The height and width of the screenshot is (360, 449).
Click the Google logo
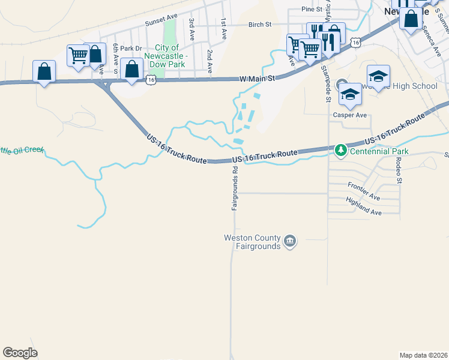click(20, 352)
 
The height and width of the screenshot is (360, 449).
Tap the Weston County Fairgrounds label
click(252, 242)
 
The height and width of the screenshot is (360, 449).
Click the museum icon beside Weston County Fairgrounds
click(290, 242)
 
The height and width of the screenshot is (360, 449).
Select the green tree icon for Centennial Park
click(340, 150)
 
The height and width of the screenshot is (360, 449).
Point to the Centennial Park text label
click(379, 151)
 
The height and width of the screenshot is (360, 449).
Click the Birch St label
click(260, 25)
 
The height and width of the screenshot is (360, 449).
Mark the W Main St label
click(257, 79)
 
